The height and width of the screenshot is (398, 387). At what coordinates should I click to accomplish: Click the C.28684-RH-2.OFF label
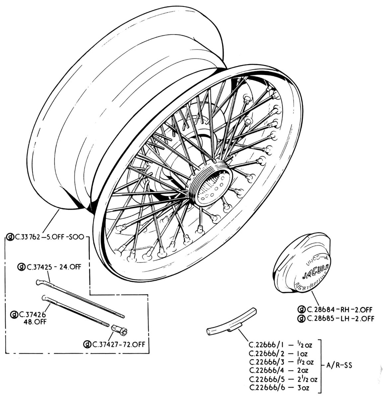coord(340,310)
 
